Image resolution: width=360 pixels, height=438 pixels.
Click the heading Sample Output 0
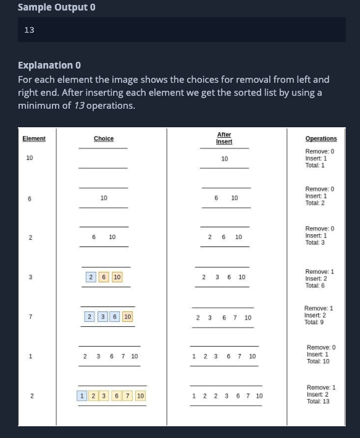[57, 8]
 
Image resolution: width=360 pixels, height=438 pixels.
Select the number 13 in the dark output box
[29, 30]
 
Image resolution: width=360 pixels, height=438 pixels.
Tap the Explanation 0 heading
[49, 65]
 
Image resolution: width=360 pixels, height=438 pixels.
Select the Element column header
[34, 138]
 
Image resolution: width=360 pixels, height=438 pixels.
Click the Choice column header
[104, 138]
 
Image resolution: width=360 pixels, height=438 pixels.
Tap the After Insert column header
[224, 138]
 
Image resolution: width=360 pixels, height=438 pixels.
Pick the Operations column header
[321, 139]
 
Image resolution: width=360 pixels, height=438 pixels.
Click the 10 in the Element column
[30, 158]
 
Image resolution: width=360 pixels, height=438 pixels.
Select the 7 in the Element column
[30, 316]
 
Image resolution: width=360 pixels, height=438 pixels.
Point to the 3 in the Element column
[30, 276]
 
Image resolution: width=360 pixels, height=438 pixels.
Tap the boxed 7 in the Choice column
[127, 395]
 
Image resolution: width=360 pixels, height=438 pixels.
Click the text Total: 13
[318, 401]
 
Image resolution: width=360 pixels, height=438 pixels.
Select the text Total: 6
[316, 285]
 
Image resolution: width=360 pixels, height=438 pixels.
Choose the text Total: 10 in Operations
[318, 361]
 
